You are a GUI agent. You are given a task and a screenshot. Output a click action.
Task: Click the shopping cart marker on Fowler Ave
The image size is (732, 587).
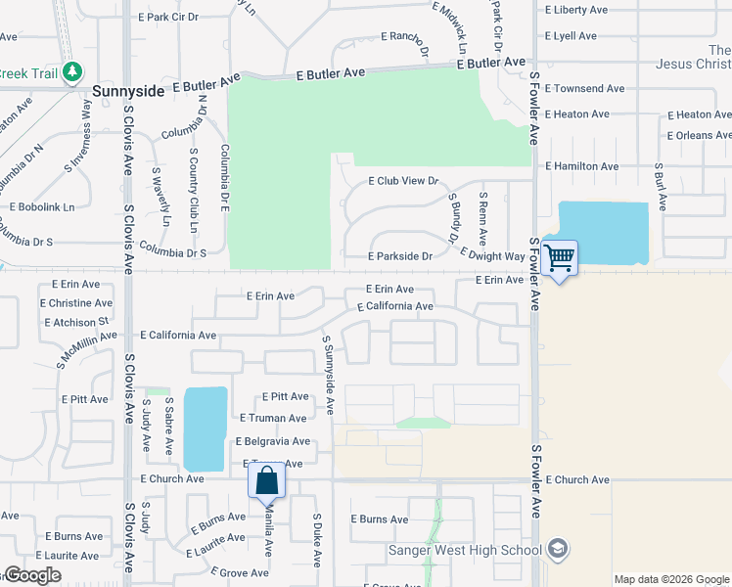click(x=559, y=259)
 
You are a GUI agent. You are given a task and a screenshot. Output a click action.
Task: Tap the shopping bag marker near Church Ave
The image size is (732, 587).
click(x=266, y=481)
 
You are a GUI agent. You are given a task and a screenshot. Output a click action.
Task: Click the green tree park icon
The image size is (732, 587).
click(x=71, y=71)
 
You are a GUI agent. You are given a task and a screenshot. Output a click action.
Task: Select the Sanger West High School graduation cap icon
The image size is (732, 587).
click(x=558, y=548)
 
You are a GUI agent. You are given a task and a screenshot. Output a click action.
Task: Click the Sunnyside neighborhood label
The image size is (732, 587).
click(x=131, y=90)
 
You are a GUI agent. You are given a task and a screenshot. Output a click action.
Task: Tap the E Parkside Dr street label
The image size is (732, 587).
click(x=400, y=256)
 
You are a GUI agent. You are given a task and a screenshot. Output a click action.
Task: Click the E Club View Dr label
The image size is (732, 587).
click(x=402, y=181)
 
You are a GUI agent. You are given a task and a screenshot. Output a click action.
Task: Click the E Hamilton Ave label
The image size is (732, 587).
click(x=582, y=166)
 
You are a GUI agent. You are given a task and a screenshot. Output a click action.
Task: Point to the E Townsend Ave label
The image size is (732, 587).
click(x=585, y=88)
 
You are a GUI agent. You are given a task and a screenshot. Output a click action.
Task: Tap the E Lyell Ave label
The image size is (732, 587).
click(x=571, y=36)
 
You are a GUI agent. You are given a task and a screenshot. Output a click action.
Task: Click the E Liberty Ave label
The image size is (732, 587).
click(x=577, y=10)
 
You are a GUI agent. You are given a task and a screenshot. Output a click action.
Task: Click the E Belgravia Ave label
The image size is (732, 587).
click(x=272, y=441)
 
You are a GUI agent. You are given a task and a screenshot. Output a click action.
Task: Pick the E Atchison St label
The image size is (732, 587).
click(x=75, y=322)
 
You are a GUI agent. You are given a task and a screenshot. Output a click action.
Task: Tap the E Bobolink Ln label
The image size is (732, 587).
click(x=41, y=206)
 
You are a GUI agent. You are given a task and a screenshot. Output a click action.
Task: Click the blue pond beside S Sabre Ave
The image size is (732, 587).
click(x=203, y=428)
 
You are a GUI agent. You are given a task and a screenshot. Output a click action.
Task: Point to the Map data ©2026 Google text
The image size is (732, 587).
click(x=671, y=579)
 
